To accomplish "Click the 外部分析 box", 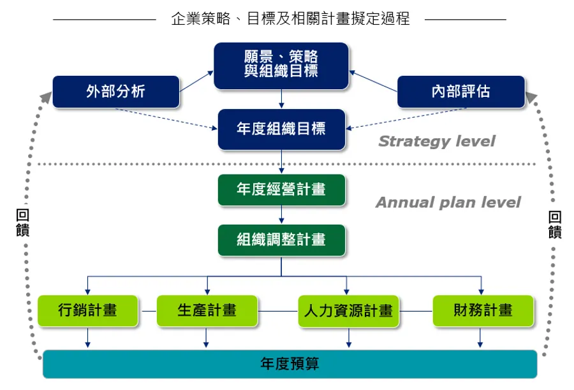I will (x=115, y=92).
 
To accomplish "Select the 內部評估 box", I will (x=460, y=92).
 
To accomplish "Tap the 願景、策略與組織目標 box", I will (x=281, y=66).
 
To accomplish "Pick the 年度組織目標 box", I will (x=281, y=129).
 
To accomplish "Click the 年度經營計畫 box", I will (x=281, y=190).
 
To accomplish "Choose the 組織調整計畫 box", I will (x=281, y=240).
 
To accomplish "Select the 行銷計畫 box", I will (x=87, y=311).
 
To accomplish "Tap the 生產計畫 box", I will (x=207, y=311).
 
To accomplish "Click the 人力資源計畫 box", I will (x=348, y=311).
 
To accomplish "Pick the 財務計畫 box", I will (x=483, y=311).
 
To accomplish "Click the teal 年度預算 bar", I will (x=290, y=364).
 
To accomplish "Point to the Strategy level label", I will (x=436, y=141).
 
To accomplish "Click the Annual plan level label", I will (x=448, y=203).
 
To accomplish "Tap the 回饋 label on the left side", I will (x=22, y=223).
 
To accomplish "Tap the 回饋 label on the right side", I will (x=555, y=224).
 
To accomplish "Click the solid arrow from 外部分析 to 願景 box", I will (x=196, y=82).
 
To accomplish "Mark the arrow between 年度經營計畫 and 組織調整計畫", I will (x=281, y=215).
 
